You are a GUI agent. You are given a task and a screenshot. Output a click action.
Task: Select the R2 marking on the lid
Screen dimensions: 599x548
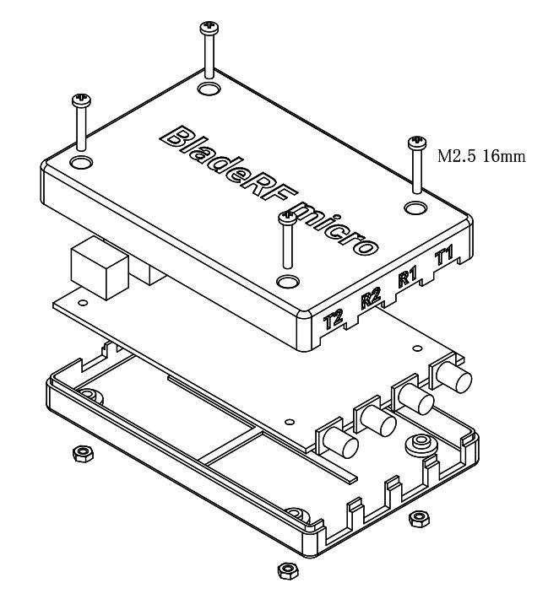[x=370, y=297]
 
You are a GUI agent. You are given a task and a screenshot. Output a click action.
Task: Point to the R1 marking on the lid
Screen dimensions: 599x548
[x=407, y=278]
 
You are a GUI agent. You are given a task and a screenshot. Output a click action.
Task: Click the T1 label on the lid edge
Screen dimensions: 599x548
[x=444, y=256]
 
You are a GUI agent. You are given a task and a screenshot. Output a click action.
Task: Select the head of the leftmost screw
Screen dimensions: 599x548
[x=81, y=100]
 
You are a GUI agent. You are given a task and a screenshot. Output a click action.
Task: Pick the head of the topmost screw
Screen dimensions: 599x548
[x=209, y=30]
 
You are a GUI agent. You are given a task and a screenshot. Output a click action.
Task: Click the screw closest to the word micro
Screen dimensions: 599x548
[x=287, y=221]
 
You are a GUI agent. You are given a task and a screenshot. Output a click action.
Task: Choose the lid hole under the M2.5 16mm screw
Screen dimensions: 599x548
[x=415, y=206]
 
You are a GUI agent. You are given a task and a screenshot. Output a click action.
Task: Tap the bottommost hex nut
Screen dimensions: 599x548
[x=286, y=570]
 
